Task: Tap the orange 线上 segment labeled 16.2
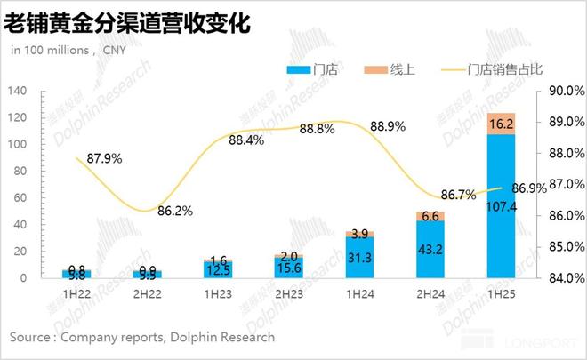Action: pos(501,124)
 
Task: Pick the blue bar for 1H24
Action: pos(358,257)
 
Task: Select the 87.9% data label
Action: pos(105,159)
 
